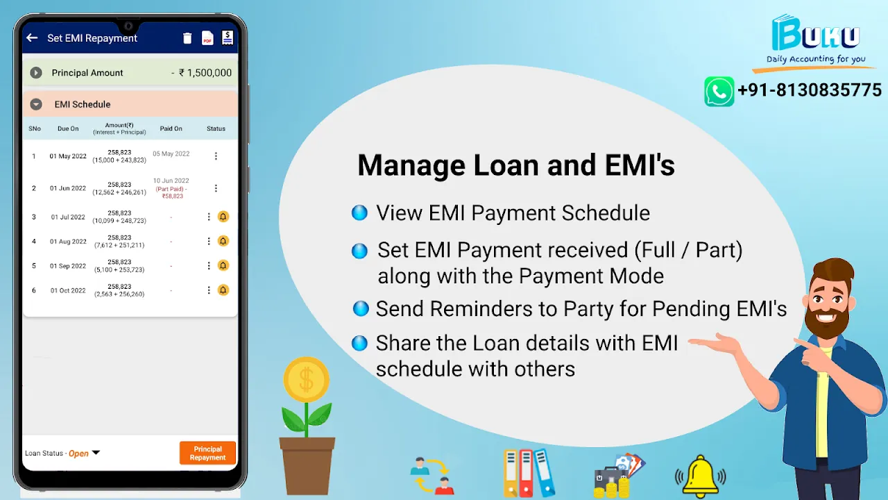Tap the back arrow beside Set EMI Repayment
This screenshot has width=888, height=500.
pyautogui.click(x=32, y=38)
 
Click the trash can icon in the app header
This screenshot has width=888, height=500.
pyautogui.click(x=187, y=38)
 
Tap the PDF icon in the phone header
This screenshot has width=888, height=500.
pyautogui.click(x=207, y=38)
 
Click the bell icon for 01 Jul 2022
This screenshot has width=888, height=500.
pyautogui.click(x=223, y=217)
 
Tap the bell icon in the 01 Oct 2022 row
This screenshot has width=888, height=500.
pyautogui.click(x=223, y=290)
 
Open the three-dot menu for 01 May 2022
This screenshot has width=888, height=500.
pyautogui.click(x=216, y=156)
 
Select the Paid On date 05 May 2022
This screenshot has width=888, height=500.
pyautogui.click(x=171, y=153)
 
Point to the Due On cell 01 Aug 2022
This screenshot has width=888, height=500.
pyautogui.click(x=68, y=241)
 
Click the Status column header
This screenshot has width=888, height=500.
pyautogui.click(x=216, y=128)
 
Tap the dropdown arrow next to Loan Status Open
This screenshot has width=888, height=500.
pyautogui.click(x=96, y=452)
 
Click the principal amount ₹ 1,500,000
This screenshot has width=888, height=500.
pyautogui.click(x=205, y=73)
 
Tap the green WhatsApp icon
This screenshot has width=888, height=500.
pyautogui.click(x=719, y=91)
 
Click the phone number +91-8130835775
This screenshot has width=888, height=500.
pyautogui.click(x=810, y=90)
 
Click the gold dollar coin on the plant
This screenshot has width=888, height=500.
pyautogui.click(x=306, y=379)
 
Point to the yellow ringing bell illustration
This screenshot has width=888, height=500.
pyautogui.click(x=700, y=476)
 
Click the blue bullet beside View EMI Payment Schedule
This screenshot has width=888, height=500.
pyautogui.click(x=359, y=212)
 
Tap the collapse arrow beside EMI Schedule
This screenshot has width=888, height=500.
pyautogui.click(x=36, y=104)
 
